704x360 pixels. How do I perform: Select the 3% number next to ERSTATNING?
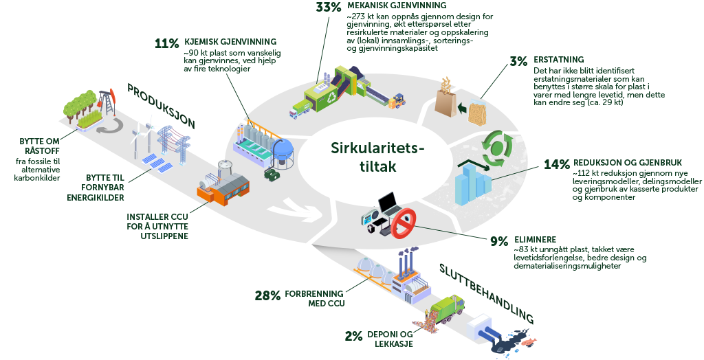pos(518,60)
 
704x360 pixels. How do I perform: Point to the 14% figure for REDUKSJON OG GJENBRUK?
pos(556,164)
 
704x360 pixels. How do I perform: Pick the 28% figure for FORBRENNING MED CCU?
pos(267,296)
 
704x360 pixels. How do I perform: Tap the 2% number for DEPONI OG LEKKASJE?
pos(353,336)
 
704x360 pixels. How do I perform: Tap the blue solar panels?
pos(157,163)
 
